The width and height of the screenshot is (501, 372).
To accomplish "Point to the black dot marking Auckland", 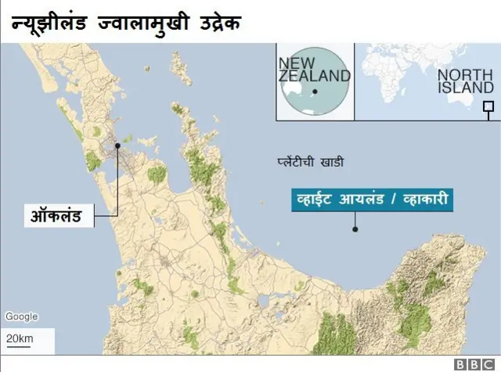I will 117,145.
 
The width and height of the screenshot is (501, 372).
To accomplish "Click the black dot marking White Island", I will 355,229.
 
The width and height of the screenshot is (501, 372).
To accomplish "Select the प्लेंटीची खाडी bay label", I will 311,163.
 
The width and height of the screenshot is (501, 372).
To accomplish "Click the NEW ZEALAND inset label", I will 314,69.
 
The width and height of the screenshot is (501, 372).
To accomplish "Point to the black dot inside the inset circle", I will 314,92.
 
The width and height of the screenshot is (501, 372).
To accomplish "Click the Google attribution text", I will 21,316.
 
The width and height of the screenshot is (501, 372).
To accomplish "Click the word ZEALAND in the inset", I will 314,76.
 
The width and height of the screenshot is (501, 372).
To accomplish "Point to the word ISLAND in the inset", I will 466,88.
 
